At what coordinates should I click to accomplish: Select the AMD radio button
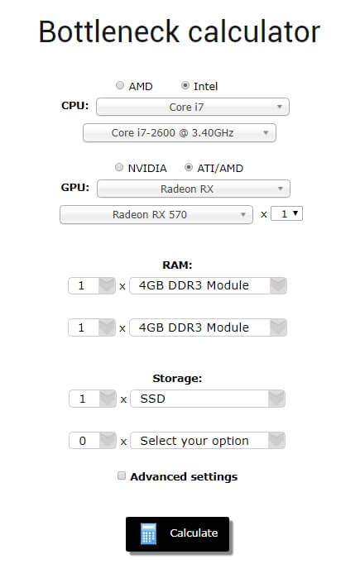pos(120,85)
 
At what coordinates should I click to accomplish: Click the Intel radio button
pos(185,85)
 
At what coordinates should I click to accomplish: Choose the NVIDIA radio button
pos(119,167)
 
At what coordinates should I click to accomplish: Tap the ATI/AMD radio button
pos(189,167)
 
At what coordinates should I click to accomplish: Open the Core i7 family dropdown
pos(193,107)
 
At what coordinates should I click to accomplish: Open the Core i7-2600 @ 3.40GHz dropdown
pos(180,132)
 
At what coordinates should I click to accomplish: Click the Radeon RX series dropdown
pos(194,189)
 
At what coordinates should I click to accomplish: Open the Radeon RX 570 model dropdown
pos(156,215)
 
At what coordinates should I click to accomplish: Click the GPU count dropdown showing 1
pos(287,213)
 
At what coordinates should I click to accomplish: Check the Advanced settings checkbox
pos(122,476)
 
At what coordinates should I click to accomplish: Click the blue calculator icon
pos(148,533)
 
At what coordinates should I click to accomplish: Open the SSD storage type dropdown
pos(208,399)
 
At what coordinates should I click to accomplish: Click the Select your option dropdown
pos(208,440)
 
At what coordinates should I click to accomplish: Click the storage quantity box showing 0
pos(93,440)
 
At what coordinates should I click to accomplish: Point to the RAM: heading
pos(177,265)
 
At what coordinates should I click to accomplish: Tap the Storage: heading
pos(177,379)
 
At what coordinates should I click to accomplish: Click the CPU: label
pos(74,105)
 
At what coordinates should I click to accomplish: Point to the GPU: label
pos(74,188)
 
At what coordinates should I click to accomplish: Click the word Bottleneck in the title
pos(108,31)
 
